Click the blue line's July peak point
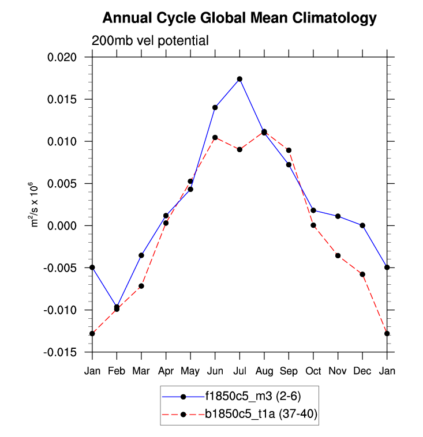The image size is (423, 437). (x=239, y=79)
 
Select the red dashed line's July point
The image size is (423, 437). (x=239, y=149)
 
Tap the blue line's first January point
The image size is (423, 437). (x=92, y=268)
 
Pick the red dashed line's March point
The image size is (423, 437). (x=141, y=286)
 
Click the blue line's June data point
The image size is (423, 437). (x=215, y=107)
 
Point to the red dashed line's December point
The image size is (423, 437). (x=362, y=274)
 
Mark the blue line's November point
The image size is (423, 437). (x=338, y=216)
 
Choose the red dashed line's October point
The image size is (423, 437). (x=313, y=225)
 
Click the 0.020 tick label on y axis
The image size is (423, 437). (x=69, y=57)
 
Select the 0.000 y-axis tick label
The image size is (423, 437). (x=69, y=226)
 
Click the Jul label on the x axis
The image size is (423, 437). (x=239, y=370)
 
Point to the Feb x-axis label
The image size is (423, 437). (x=117, y=370)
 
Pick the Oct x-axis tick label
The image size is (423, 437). (x=313, y=370)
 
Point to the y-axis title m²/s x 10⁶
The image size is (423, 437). (x=35, y=205)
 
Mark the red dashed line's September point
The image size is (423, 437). (x=289, y=150)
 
